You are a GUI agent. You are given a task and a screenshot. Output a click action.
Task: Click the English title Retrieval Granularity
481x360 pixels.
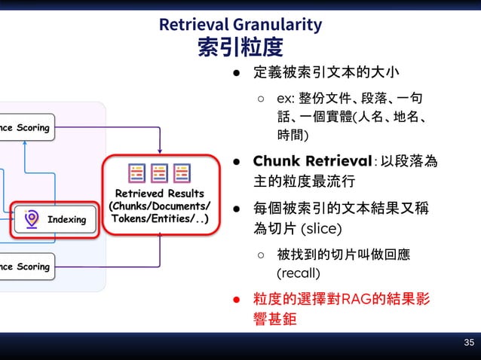pos(240,24)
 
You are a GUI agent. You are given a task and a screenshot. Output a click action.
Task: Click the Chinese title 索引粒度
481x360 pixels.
pos(240,47)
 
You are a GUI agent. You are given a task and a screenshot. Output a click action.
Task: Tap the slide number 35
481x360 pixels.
pos(469,343)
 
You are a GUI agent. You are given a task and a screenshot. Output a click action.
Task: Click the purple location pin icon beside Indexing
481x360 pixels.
pos(31,219)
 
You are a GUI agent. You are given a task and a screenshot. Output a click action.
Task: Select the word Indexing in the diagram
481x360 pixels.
pos(66,220)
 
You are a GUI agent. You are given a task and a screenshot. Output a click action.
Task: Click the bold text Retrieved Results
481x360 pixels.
pos(160,194)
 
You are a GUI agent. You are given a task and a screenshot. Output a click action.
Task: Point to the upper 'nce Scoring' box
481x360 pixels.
pos(26,127)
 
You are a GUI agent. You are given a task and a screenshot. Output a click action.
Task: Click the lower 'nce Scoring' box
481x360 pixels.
pos(26,266)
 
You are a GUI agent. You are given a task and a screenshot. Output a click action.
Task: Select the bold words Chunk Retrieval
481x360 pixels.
pos(313,161)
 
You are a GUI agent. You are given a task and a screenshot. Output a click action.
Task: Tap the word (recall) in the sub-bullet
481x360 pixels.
pos(299,272)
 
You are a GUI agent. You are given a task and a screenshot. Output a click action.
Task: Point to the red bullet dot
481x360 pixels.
pos(236,300)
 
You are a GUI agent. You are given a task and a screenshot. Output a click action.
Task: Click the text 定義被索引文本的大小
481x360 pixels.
pos(326,74)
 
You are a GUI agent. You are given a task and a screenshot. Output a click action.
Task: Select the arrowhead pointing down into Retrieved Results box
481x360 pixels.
pos(160,150)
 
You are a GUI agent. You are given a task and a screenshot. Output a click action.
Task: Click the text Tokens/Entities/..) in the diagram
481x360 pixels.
pos(160,218)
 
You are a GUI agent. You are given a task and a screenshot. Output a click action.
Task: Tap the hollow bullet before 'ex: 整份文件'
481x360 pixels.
pos(260,99)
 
